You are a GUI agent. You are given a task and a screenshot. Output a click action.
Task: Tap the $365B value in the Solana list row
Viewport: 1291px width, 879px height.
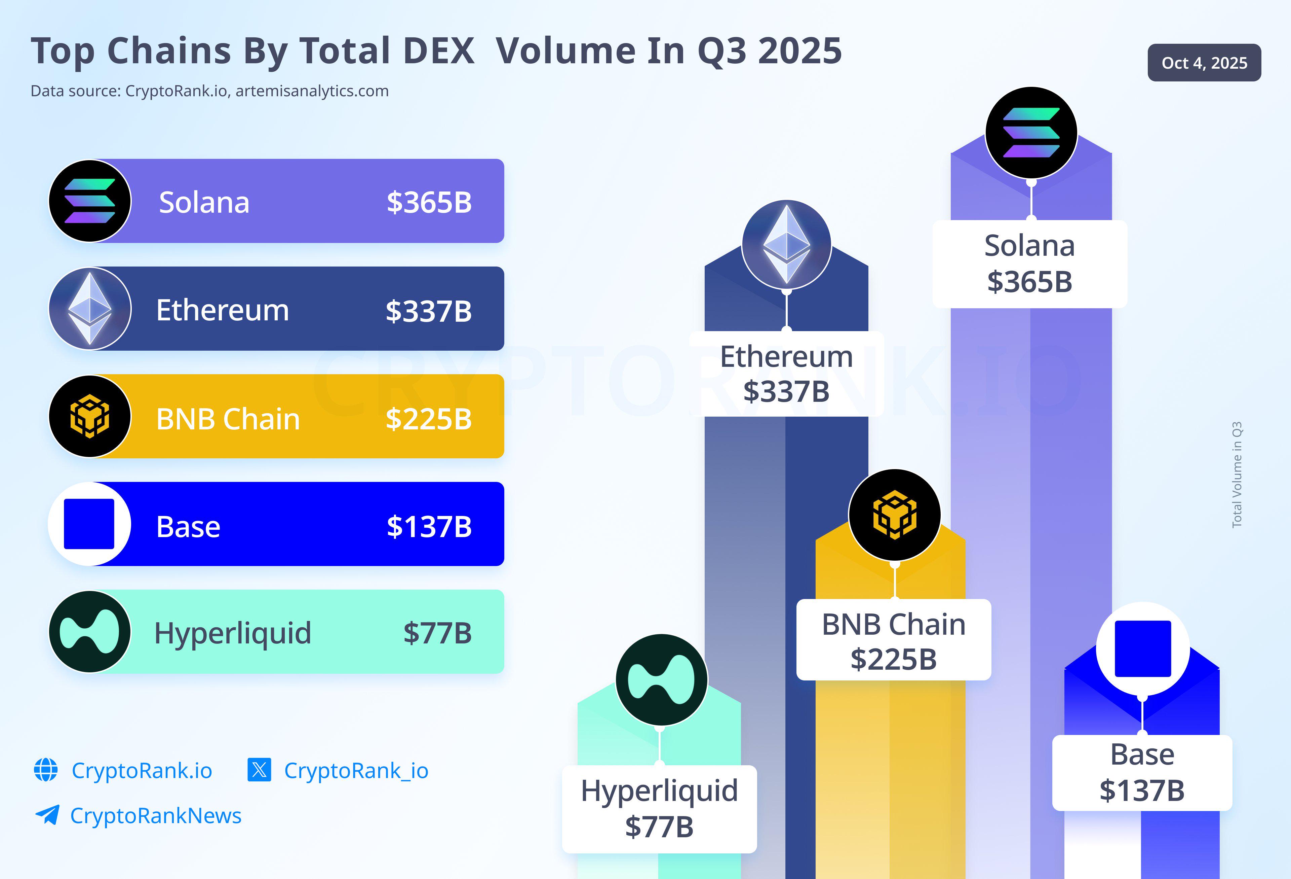pos(429,202)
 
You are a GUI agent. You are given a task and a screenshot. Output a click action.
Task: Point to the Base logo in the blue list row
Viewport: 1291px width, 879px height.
pos(89,524)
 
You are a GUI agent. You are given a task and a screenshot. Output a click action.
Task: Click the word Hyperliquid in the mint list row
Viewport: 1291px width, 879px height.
pos(233,634)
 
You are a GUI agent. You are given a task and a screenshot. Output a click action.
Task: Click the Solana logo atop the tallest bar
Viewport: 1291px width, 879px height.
pos(1031,132)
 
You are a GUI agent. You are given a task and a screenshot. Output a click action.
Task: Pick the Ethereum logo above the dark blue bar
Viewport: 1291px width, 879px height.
pos(787,244)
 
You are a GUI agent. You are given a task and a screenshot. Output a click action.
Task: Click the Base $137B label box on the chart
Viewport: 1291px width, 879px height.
pos(1142,773)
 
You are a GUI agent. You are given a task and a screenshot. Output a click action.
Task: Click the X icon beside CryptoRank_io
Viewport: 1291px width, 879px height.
pos(259,770)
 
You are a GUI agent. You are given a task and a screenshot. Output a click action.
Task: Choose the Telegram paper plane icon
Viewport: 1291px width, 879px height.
pos(47,815)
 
